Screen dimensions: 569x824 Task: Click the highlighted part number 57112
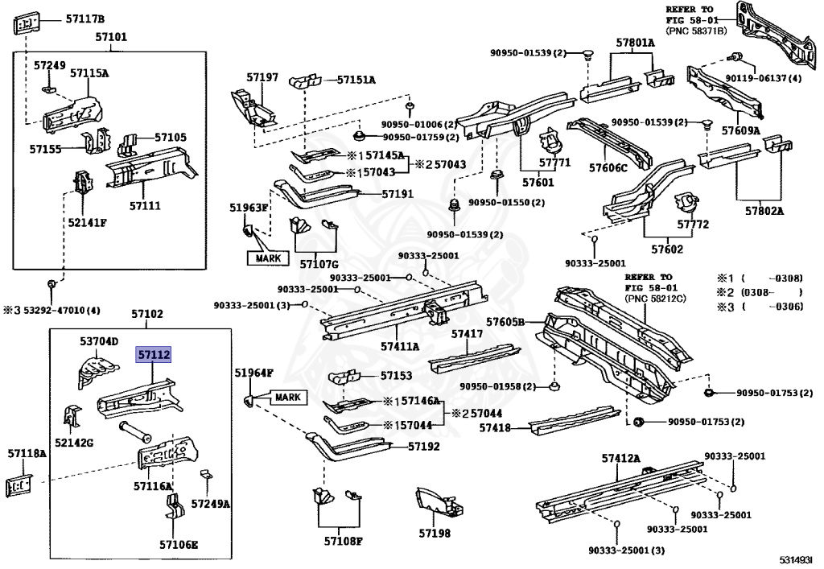point(154,354)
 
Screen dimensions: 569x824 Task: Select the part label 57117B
point(84,19)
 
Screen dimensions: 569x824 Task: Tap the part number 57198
point(435,533)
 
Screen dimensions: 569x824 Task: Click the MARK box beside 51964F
point(287,398)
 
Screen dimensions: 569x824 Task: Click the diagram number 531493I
point(794,559)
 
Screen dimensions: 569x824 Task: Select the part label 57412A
point(620,458)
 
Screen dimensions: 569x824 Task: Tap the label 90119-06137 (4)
point(763,78)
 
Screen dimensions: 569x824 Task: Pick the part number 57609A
point(740,130)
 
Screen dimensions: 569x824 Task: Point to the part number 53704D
point(98,341)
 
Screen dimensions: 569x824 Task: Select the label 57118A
point(27,454)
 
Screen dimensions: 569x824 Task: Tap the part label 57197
point(262,77)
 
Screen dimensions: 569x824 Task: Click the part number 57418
point(495,428)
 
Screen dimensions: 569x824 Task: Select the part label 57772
point(692,225)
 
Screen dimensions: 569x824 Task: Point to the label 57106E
point(178,544)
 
